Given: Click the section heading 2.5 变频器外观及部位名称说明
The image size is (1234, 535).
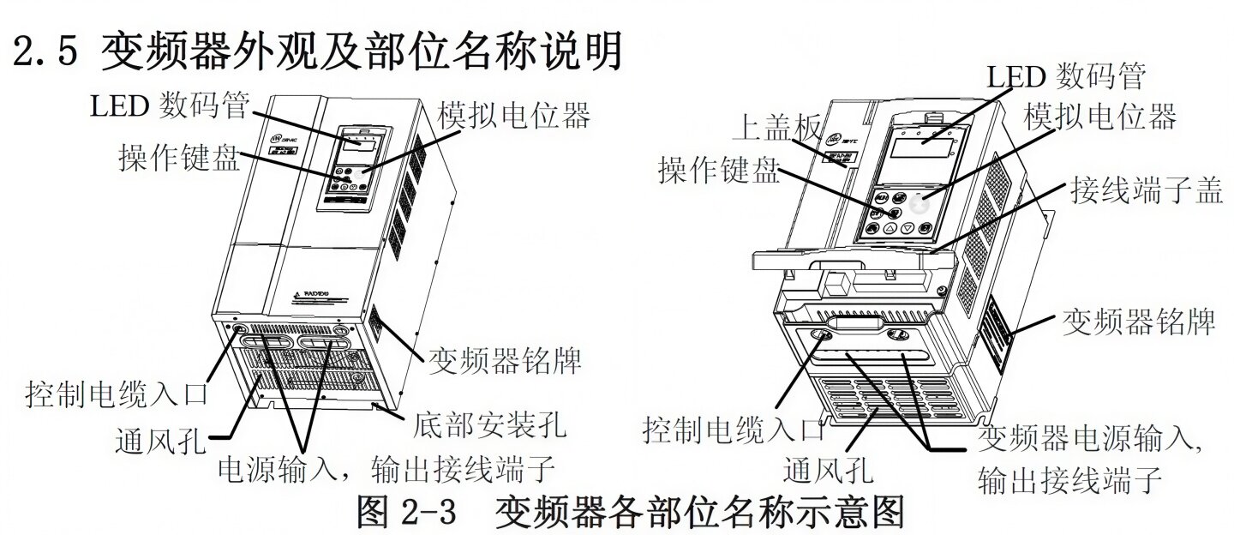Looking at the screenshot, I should coord(317,53).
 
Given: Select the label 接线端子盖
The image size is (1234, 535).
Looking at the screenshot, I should coord(1145,190).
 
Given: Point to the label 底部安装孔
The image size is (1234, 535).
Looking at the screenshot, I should coord(488,423).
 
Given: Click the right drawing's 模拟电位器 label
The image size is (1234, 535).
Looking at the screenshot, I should coord(1100,114).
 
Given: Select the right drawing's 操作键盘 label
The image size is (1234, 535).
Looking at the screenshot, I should coord(719,171).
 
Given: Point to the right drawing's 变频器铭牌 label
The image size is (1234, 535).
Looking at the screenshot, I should coord(1139,322).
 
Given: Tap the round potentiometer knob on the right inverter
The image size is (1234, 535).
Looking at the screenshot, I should coord(919,205).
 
